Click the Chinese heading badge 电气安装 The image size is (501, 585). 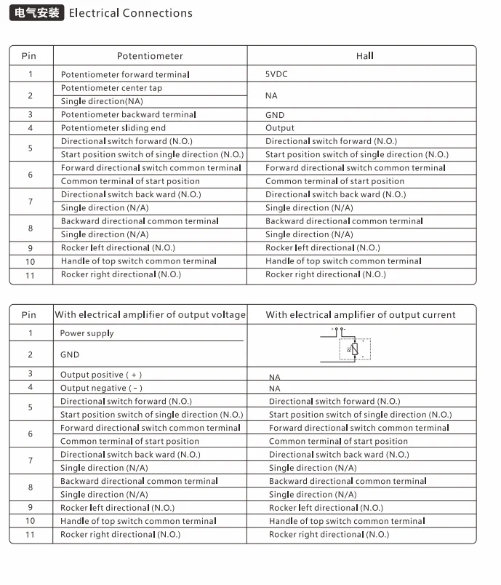click(36, 12)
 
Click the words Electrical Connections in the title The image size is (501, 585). click(130, 13)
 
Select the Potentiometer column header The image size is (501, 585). click(150, 56)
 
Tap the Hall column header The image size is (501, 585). click(364, 56)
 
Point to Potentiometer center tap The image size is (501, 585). click(111, 88)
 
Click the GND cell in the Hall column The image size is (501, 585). click(275, 115)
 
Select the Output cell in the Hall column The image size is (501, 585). click(280, 128)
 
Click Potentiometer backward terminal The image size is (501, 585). click(128, 115)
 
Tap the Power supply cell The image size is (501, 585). click(87, 333)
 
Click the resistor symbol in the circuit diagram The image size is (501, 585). click(354, 349)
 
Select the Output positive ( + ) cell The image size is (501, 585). click(100, 375)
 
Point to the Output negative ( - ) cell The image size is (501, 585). click(100, 388)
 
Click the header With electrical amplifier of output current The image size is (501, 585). click(361, 315)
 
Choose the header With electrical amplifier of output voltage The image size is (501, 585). click(150, 315)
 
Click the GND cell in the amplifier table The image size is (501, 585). click(70, 354)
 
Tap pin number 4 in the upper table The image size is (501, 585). click(31, 128)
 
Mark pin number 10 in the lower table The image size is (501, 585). click(31, 521)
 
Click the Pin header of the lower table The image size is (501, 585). click(29, 315)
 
